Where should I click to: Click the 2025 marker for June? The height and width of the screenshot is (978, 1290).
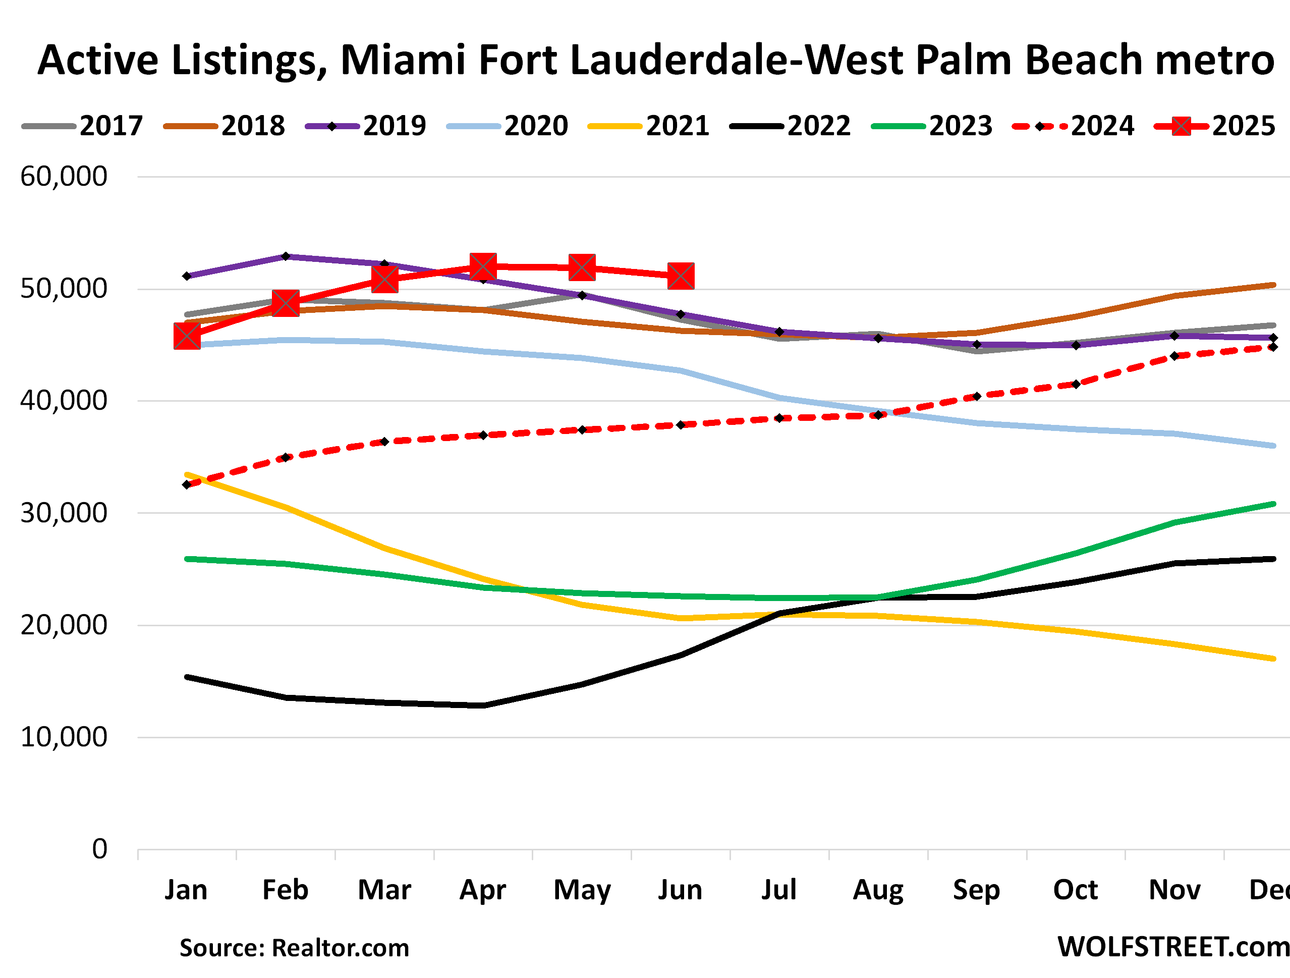click(x=681, y=276)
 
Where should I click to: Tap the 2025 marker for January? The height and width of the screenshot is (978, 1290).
click(x=187, y=337)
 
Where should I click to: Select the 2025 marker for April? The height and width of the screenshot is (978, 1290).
click(x=483, y=266)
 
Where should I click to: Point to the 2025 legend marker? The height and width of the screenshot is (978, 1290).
click(x=1182, y=126)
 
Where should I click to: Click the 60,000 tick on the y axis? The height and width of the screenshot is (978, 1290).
click(x=64, y=176)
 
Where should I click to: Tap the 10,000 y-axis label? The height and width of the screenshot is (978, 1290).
click(x=64, y=737)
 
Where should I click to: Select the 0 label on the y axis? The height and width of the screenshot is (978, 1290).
click(x=100, y=849)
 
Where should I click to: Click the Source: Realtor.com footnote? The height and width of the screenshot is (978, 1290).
click(x=294, y=948)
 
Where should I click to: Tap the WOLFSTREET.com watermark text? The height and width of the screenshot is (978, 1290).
click(x=1172, y=947)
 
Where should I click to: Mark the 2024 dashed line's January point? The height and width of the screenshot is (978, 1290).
click(x=187, y=484)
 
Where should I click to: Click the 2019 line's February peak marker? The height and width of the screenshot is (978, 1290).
click(x=286, y=256)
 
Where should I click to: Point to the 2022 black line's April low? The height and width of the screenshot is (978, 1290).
click(x=483, y=705)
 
